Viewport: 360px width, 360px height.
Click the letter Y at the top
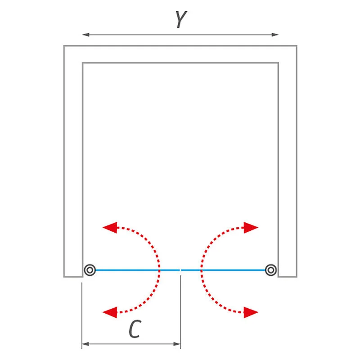(x=181, y=19)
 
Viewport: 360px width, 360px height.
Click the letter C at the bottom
(x=135, y=329)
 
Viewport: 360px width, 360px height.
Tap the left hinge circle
(x=90, y=270)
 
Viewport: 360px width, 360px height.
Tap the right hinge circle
(x=271, y=270)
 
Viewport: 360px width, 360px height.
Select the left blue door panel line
(x=138, y=270)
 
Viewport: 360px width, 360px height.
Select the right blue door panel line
(x=223, y=270)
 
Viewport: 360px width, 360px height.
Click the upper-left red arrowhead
(x=110, y=228)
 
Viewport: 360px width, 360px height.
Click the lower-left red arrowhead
(x=110, y=312)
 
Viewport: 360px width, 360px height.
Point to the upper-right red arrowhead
(x=251, y=228)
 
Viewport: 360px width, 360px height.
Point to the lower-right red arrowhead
(x=251, y=312)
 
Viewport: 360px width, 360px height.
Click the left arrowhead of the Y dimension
(x=86, y=35)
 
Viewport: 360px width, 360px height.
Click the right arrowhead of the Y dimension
(x=275, y=35)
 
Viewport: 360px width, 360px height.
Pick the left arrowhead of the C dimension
(x=85, y=344)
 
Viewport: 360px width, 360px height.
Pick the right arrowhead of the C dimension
(x=177, y=344)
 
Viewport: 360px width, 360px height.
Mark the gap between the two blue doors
(x=180, y=270)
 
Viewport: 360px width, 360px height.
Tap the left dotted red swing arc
(x=159, y=270)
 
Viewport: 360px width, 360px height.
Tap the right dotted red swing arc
(x=202, y=270)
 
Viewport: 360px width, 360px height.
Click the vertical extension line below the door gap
(x=180, y=312)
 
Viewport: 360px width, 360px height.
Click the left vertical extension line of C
(x=82, y=316)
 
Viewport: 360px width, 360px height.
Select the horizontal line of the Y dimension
(x=180, y=35)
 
